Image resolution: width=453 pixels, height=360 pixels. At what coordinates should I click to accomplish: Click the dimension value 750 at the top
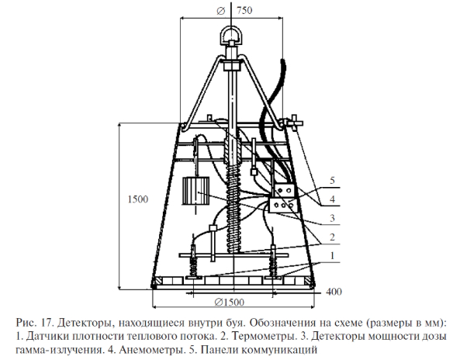244,10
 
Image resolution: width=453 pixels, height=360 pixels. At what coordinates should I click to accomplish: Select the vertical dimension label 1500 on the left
138,199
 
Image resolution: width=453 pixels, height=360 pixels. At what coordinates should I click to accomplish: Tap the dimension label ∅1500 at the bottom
229,303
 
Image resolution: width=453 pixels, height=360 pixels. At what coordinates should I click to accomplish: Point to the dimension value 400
334,292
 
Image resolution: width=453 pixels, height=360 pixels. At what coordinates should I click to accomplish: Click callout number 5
332,181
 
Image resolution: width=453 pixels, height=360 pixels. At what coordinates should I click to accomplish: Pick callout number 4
332,199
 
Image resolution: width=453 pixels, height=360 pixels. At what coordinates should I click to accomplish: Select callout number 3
332,218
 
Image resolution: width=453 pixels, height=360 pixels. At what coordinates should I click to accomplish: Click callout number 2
332,237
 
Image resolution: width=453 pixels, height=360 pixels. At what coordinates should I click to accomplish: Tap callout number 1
332,255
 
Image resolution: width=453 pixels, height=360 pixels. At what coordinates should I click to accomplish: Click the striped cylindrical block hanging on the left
195,192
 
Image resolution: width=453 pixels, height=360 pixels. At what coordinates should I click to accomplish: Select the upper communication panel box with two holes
284,191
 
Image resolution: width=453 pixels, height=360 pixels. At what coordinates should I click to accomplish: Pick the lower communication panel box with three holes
283,205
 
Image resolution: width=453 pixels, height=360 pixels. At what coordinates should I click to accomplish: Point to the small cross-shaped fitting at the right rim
294,123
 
